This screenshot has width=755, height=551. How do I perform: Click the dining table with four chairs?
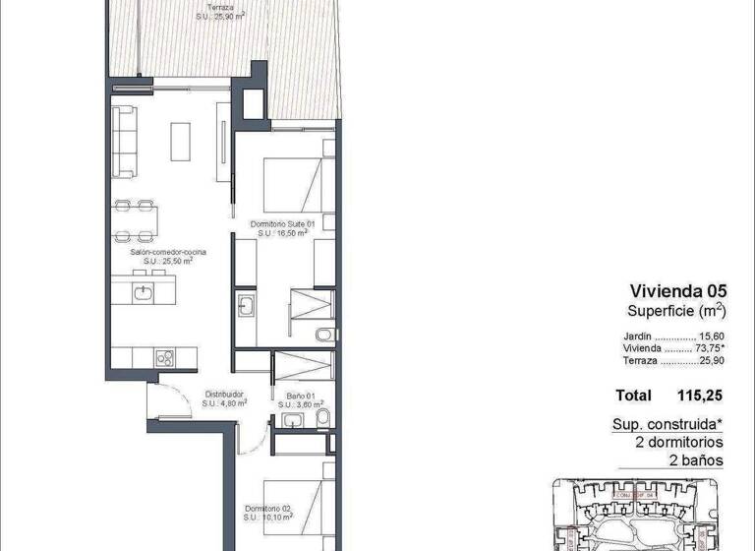[136, 221]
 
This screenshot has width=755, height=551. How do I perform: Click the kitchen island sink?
[144, 293]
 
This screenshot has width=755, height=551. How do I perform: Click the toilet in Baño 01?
[322, 421]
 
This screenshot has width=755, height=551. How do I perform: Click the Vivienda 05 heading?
[678, 290]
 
